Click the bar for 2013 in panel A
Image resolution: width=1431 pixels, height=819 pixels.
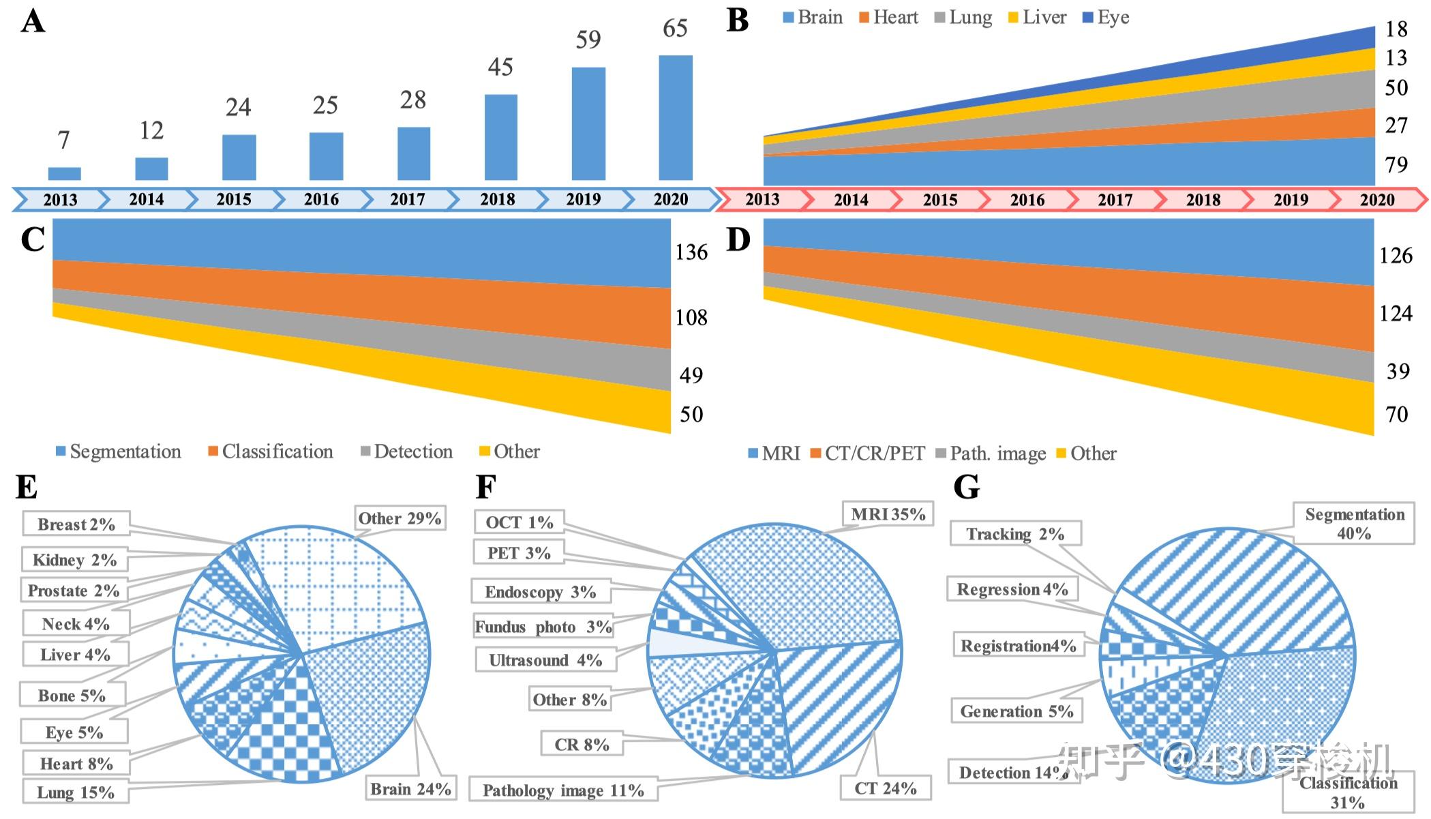coord(65,173)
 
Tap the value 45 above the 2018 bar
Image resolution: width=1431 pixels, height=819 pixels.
coord(500,67)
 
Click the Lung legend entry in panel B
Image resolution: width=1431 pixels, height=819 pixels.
coord(963,18)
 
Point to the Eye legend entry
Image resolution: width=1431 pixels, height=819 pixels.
coord(1106,18)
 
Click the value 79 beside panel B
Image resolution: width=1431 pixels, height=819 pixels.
coord(1396,164)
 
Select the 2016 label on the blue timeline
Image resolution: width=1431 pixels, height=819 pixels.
coord(321,199)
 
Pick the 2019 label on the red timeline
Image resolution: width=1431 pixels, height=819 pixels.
coord(1291,200)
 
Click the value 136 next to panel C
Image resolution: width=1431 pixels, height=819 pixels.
coord(691,252)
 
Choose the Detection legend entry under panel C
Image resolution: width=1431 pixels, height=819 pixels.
coord(406,451)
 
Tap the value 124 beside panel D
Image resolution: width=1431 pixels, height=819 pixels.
coord(1396,314)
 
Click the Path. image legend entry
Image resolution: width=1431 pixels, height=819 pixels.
coord(991,453)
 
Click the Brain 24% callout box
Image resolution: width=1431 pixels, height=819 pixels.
coord(410,789)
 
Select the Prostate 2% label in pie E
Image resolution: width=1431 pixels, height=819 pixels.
coord(74,591)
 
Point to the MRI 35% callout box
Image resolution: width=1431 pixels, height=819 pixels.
coord(888,514)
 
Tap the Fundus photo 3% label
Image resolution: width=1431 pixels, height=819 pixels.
coord(543,627)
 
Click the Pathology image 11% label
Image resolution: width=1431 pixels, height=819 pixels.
coord(563,790)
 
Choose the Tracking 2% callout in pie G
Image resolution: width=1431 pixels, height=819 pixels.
coord(1015,534)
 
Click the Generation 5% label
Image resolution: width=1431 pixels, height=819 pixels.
coord(1016,711)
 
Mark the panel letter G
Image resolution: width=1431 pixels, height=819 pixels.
coord(966,488)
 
